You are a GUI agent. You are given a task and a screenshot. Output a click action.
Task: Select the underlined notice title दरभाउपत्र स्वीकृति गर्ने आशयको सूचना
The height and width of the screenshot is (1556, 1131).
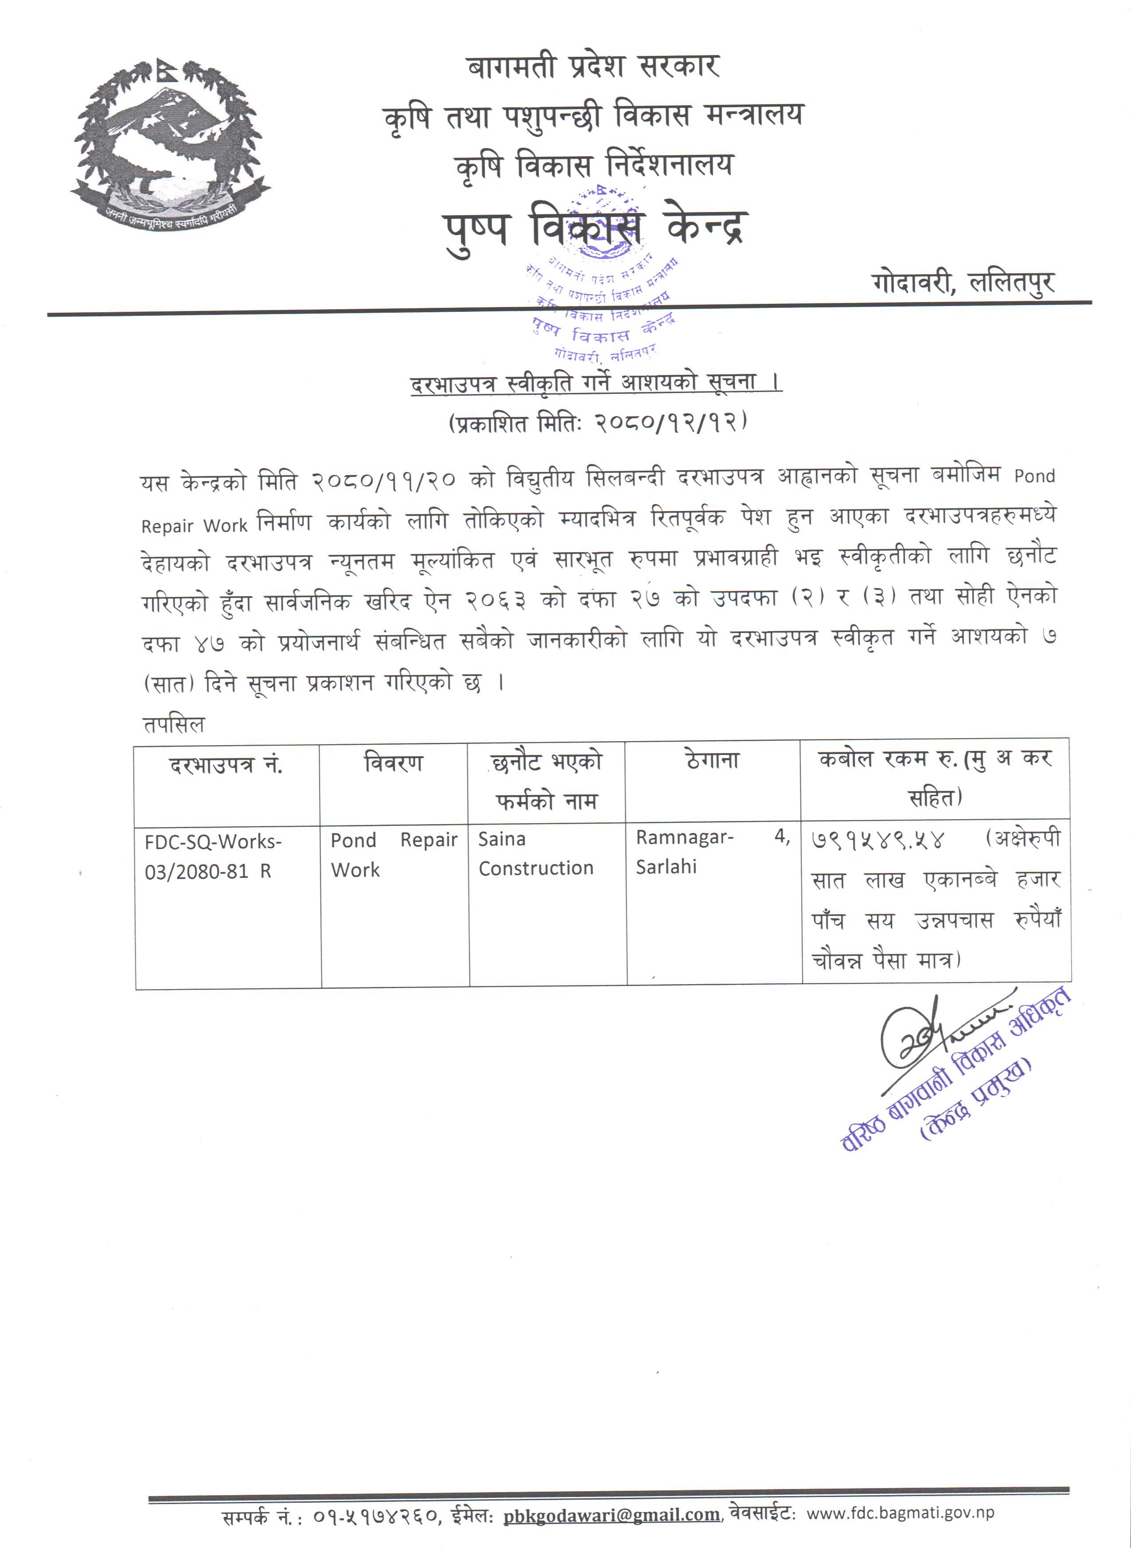[595, 382]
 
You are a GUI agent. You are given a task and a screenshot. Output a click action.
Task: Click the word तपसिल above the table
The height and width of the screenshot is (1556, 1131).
[173, 724]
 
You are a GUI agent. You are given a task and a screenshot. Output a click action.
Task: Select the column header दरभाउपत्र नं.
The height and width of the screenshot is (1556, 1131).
[226, 764]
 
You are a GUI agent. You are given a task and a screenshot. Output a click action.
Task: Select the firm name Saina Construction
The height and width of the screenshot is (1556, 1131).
[536, 853]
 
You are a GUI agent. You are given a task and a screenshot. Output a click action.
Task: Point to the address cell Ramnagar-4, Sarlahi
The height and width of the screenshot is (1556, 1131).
[712, 852]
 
